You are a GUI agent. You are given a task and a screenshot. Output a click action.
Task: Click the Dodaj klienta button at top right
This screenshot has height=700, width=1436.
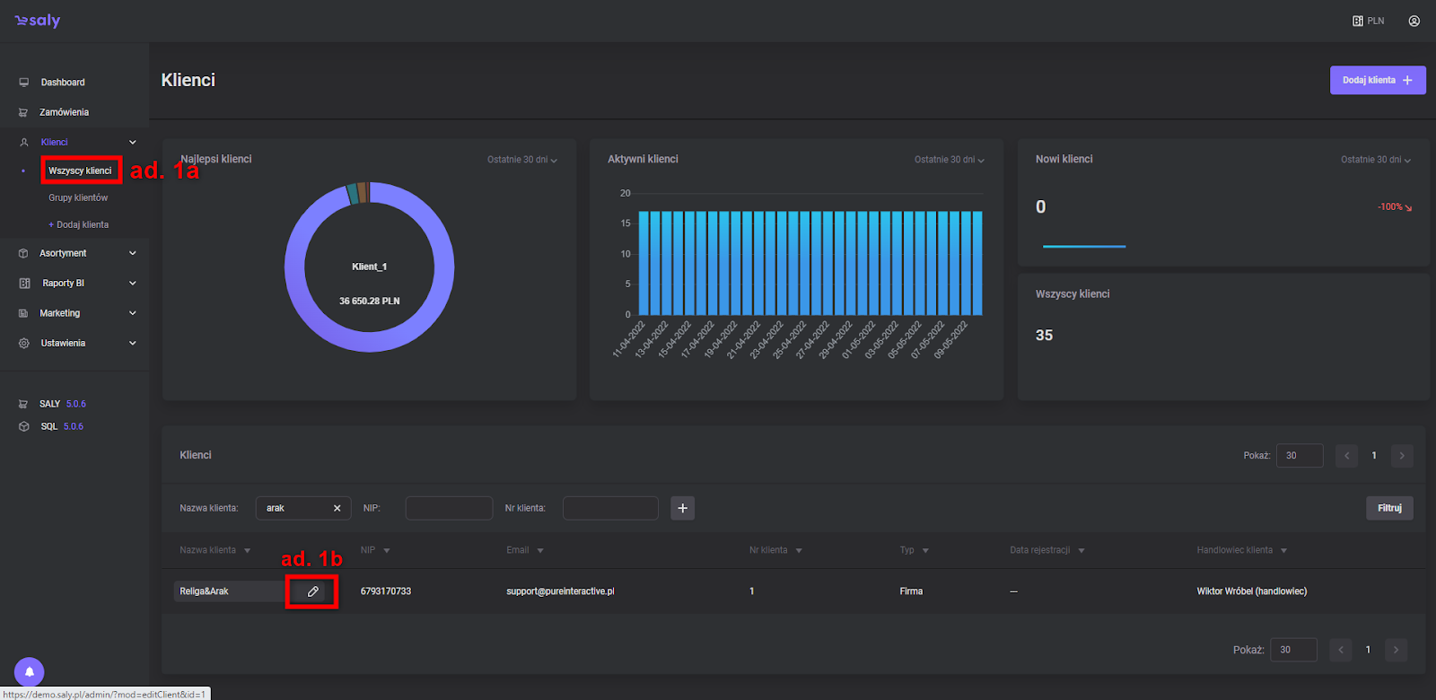1377,80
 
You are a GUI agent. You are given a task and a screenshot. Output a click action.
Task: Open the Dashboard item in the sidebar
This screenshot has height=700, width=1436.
62,83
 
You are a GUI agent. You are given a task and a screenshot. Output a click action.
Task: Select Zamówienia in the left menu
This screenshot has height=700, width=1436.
64,112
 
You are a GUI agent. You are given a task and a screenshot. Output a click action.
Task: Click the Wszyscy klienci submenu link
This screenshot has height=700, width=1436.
80,171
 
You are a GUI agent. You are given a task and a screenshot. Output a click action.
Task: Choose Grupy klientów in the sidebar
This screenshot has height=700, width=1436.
78,197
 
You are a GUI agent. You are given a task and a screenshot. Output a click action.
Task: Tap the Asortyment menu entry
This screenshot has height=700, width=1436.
63,253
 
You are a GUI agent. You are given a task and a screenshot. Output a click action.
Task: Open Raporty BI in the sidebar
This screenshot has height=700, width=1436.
63,283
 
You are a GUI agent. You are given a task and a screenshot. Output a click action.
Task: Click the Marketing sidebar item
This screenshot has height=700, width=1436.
59,313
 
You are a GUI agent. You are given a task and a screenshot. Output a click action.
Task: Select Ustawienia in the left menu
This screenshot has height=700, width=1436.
63,343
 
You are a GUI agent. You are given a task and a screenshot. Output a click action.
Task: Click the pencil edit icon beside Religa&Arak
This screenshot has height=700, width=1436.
312,591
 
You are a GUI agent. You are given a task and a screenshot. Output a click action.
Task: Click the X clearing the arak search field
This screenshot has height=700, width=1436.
337,508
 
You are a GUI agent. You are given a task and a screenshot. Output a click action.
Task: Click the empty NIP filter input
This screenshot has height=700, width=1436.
449,508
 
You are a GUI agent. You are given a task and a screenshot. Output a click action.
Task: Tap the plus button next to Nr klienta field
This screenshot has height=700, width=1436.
682,508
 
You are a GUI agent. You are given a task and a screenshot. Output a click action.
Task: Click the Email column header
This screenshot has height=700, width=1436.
518,550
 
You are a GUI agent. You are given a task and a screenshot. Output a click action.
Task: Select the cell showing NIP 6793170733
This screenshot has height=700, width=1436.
386,591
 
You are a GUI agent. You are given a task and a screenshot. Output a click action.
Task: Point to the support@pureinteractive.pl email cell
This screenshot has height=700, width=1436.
560,591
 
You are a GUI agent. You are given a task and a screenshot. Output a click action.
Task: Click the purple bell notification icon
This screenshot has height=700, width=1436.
29,671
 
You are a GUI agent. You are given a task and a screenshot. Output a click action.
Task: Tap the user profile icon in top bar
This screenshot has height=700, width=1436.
1414,21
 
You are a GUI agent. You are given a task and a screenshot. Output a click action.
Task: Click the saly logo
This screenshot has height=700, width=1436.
38,21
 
